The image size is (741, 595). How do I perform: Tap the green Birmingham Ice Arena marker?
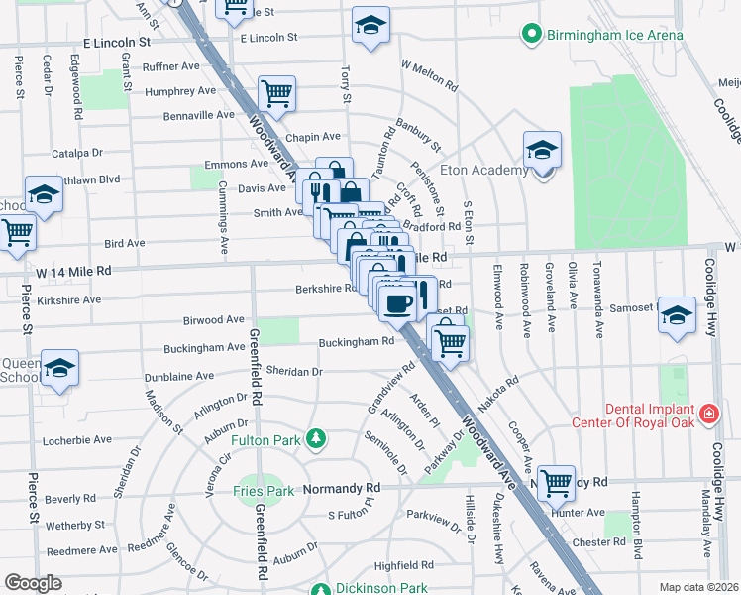533,36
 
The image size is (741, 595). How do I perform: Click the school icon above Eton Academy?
542,150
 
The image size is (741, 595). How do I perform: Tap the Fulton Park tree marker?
315,437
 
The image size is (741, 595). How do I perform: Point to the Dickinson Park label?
381,588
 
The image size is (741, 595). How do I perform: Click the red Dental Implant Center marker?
708,413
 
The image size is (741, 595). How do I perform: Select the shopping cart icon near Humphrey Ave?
276,93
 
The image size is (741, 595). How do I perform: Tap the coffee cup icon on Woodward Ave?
398,303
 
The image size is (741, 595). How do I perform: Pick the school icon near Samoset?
677,314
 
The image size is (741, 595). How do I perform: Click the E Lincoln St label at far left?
117,44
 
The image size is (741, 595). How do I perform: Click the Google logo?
33,583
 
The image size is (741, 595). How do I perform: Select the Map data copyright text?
698,587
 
